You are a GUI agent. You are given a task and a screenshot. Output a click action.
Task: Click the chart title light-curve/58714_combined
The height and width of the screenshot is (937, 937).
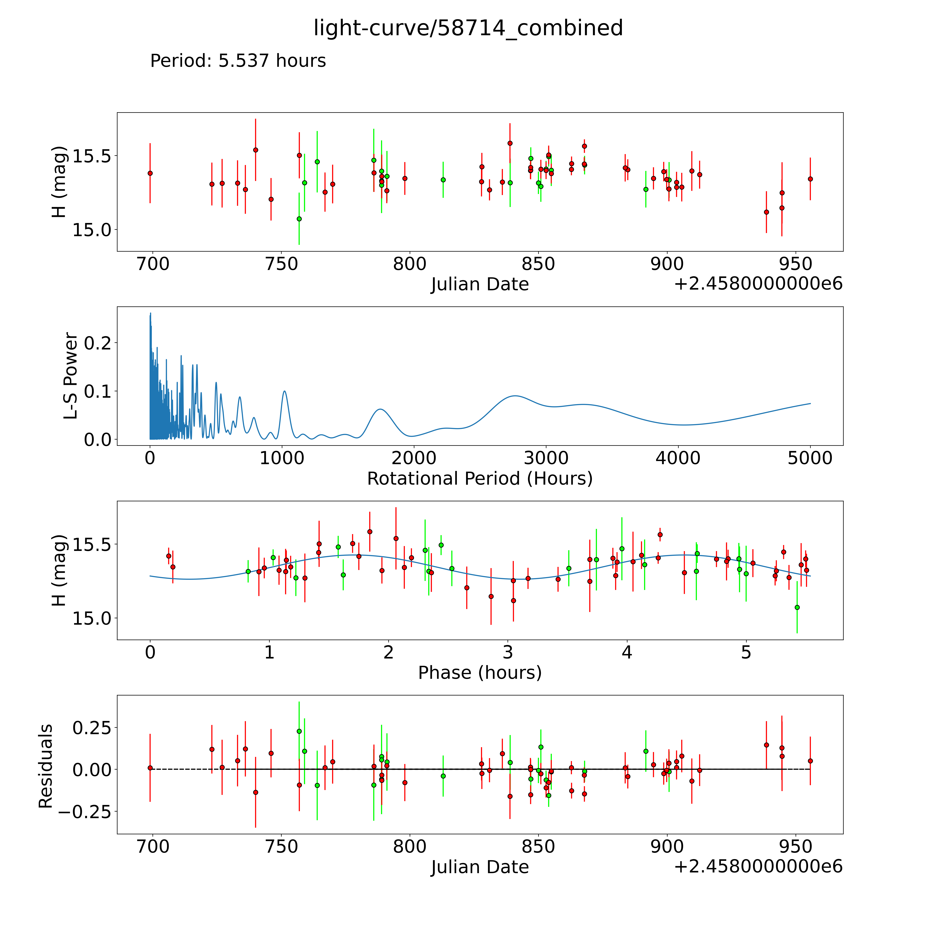(468, 28)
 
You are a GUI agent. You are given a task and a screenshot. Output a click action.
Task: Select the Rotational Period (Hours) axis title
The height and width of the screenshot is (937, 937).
(480, 479)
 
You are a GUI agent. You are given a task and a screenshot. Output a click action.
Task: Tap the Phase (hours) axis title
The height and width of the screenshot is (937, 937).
(480, 673)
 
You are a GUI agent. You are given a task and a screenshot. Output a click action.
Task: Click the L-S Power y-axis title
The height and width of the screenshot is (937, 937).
(71, 376)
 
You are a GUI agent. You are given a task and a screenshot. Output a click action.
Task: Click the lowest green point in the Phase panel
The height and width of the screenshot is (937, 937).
(797, 607)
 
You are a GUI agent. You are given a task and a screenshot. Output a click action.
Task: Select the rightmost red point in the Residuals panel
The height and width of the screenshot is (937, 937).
(810, 761)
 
